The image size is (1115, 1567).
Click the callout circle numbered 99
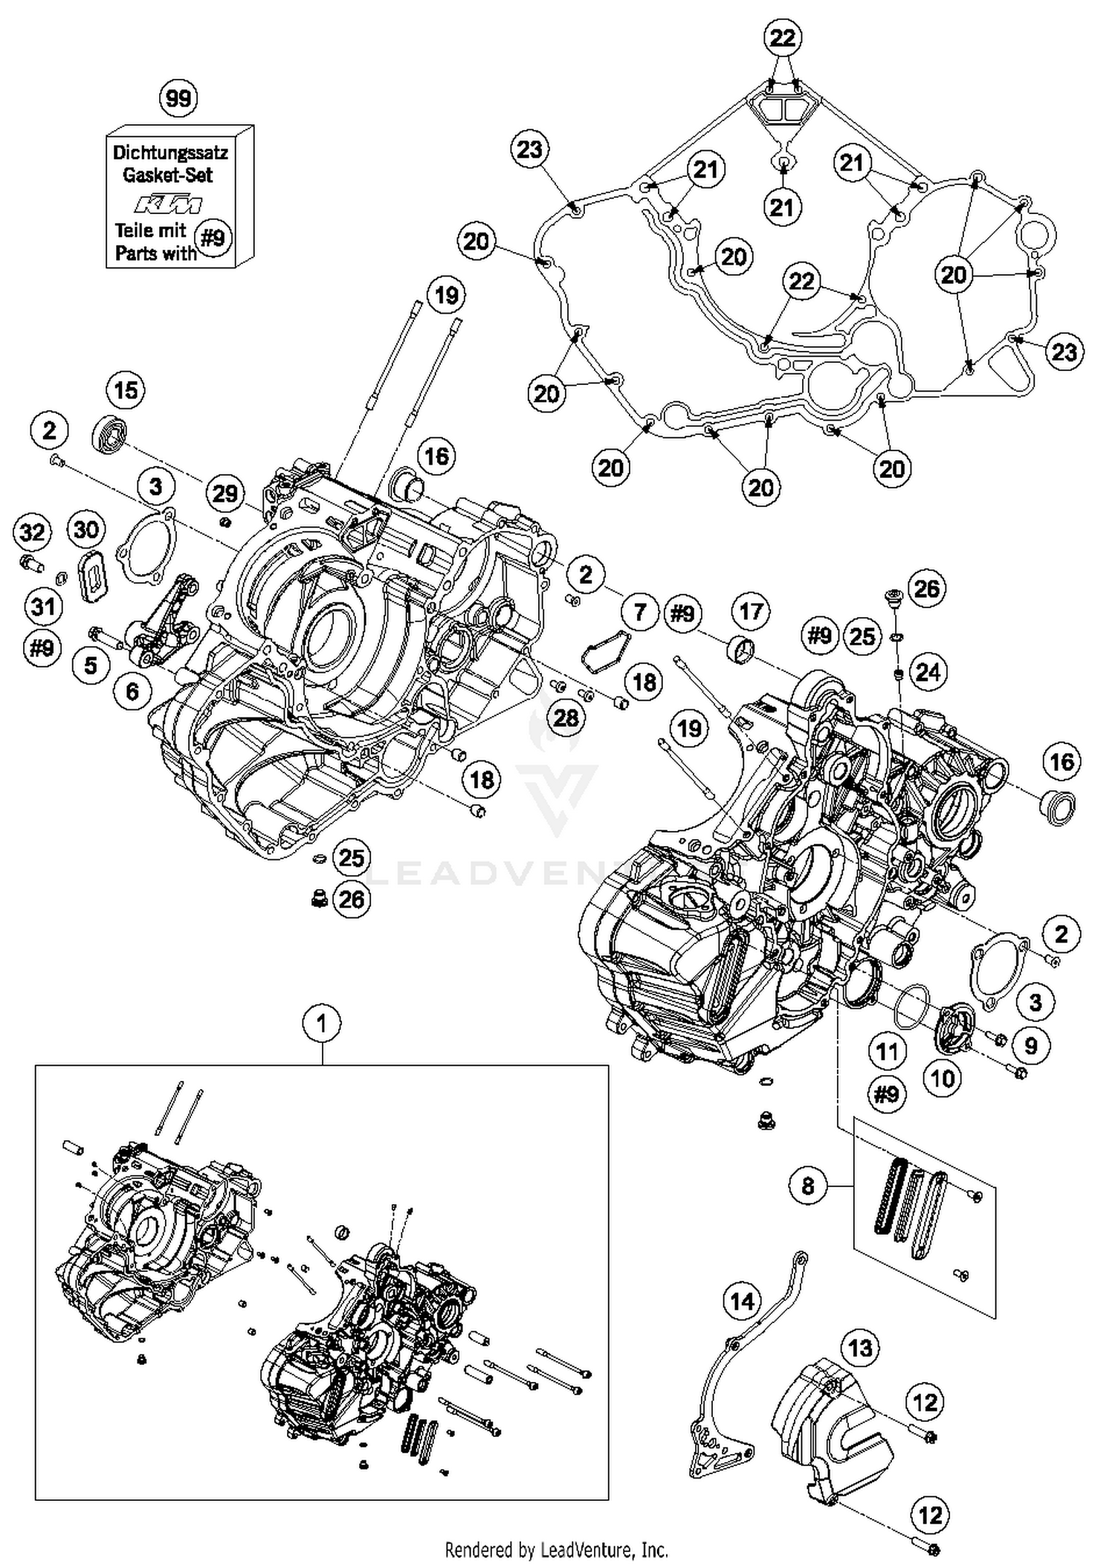pyautogui.click(x=178, y=98)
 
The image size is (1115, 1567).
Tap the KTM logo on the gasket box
pyautogui.click(x=167, y=204)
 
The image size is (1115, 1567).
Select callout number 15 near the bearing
pyautogui.click(x=126, y=390)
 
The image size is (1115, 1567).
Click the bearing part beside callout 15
pyautogui.click(x=110, y=435)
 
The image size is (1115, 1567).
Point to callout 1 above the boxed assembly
pyautogui.click(x=321, y=1024)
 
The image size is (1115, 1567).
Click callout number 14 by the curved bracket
pyautogui.click(x=742, y=1300)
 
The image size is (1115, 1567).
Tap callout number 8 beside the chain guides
pyautogui.click(x=808, y=1186)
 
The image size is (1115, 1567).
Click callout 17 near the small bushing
pyautogui.click(x=751, y=611)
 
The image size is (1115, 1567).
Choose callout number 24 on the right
pyautogui.click(x=927, y=673)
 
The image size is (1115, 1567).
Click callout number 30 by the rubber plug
pyautogui.click(x=86, y=529)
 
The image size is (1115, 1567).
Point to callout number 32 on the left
pyautogui.click(x=32, y=532)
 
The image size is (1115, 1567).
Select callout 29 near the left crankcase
pyautogui.click(x=225, y=494)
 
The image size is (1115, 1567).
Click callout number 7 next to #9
pyautogui.click(x=641, y=613)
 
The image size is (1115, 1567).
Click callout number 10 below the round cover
pyautogui.click(x=943, y=1078)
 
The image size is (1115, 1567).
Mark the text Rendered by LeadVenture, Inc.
pyautogui.click(x=556, y=1550)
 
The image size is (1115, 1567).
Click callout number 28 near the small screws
pyautogui.click(x=566, y=717)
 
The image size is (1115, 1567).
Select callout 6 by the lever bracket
pyautogui.click(x=132, y=691)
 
